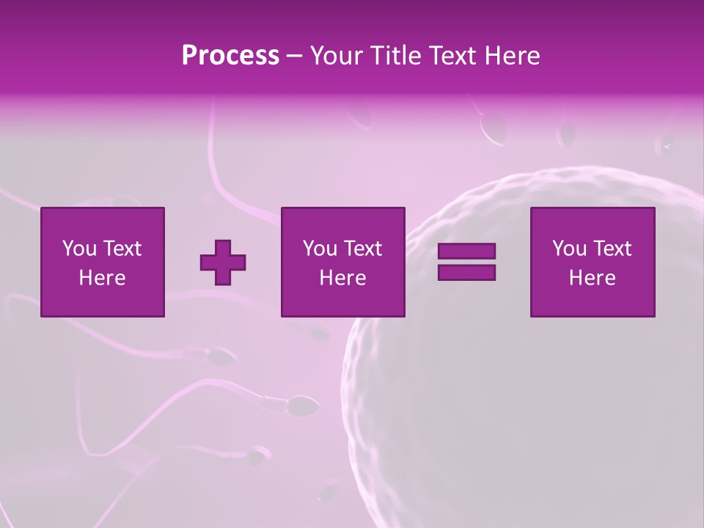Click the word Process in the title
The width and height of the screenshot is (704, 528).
coord(230,56)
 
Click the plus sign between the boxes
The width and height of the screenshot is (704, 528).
coord(223,263)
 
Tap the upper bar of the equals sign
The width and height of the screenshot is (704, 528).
coord(466,252)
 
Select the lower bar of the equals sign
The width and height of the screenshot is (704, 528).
coord(466,272)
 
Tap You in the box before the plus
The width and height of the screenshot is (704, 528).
coord(79,249)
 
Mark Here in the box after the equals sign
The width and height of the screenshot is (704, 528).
coord(593,278)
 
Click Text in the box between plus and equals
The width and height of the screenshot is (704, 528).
coord(363,249)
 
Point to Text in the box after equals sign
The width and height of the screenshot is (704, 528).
coord(612,249)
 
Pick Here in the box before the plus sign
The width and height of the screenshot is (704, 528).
coord(103,278)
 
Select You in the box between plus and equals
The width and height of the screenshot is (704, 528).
coord(320,249)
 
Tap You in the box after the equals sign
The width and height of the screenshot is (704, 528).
coord(569,249)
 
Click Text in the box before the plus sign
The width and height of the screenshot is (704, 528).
coord(122,249)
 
